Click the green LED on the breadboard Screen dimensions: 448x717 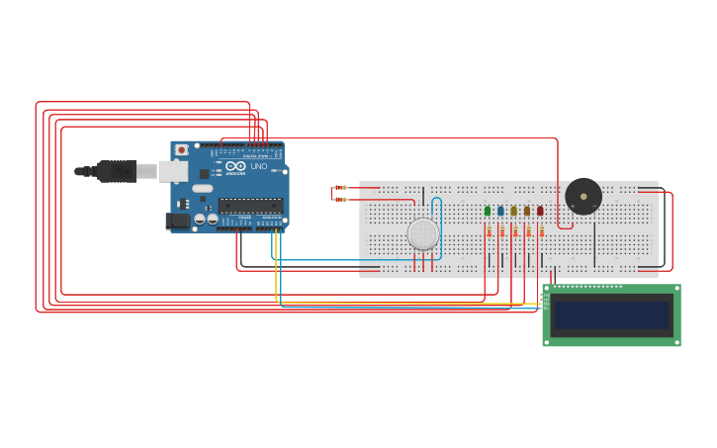point(488,211)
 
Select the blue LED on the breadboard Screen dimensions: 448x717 point(500,211)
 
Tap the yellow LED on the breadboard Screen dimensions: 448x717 point(513,211)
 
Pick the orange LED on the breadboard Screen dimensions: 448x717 point(527,211)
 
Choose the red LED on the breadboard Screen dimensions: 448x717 point(540,211)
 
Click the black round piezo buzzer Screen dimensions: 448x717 point(583,196)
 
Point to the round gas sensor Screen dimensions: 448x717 point(423,234)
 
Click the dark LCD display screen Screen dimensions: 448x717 point(611,315)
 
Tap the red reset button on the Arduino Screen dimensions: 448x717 point(181,150)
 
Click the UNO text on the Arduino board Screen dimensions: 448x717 point(258,167)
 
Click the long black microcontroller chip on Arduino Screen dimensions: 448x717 point(249,206)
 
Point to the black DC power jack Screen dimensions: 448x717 point(177,222)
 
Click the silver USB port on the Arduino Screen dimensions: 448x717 point(173,171)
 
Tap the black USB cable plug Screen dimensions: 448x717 point(117,171)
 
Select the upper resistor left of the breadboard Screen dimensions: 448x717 point(341,187)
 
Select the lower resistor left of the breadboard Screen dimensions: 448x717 point(341,200)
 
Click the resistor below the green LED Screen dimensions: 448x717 point(489,231)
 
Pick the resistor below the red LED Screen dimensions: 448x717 point(541,231)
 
